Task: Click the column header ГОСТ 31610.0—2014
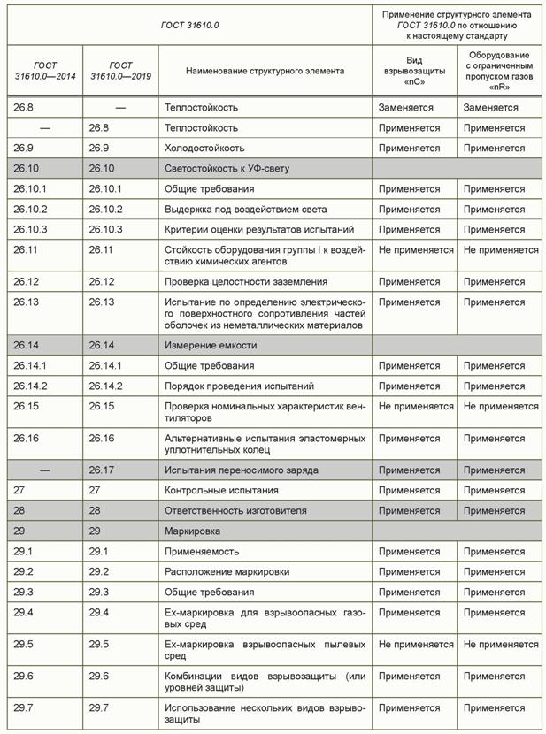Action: click(x=45, y=71)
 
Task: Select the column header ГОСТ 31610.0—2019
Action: click(x=120, y=71)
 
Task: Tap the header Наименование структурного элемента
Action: click(x=265, y=71)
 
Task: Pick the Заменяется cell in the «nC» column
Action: click(x=405, y=108)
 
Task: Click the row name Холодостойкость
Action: click(x=204, y=148)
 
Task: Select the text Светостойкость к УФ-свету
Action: click(x=227, y=168)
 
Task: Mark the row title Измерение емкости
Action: click(x=211, y=345)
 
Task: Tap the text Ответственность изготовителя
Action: click(x=235, y=510)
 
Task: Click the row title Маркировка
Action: click(x=192, y=531)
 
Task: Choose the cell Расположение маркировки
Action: click(x=227, y=571)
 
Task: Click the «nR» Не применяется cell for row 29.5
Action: click(x=501, y=644)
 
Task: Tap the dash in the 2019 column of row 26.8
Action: click(x=120, y=108)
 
